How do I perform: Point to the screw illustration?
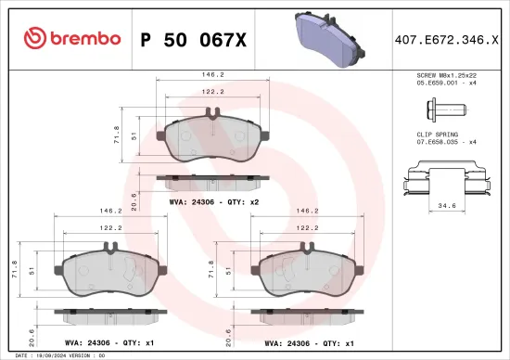[446, 112]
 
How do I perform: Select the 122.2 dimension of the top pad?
[213, 93]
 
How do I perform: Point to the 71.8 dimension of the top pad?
[119, 135]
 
